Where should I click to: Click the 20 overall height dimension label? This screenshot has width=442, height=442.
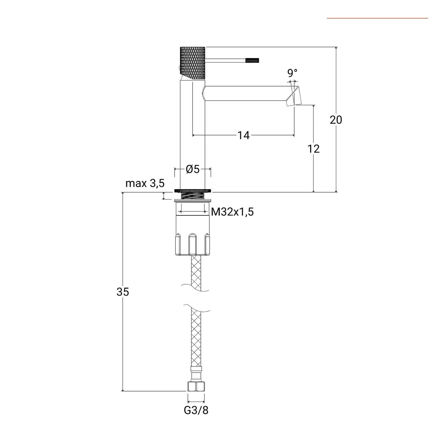(x=336, y=120)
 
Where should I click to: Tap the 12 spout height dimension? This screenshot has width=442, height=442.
(x=314, y=149)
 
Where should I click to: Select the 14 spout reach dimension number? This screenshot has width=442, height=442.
(x=243, y=135)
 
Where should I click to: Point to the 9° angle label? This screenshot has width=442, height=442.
(x=292, y=73)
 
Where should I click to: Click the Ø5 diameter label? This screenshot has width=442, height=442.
(x=193, y=169)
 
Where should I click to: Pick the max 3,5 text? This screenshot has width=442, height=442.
(x=145, y=183)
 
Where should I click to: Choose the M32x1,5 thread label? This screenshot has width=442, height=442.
(x=232, y=212)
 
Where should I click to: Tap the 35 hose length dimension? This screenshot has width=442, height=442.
(x=123, y=292)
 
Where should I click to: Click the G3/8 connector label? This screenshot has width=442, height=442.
(x=196, y=410)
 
